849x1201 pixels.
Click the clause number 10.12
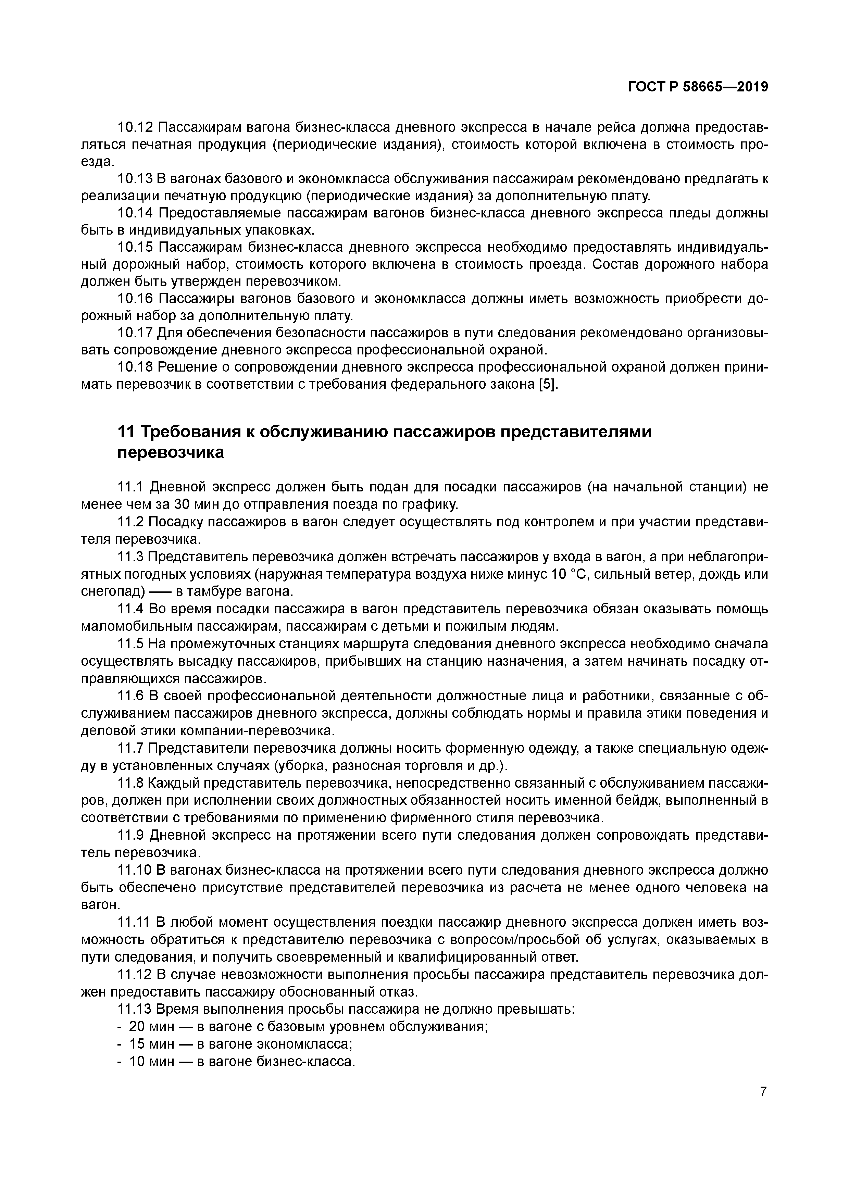pos(135,127)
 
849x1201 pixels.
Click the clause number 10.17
pos(135,333)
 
